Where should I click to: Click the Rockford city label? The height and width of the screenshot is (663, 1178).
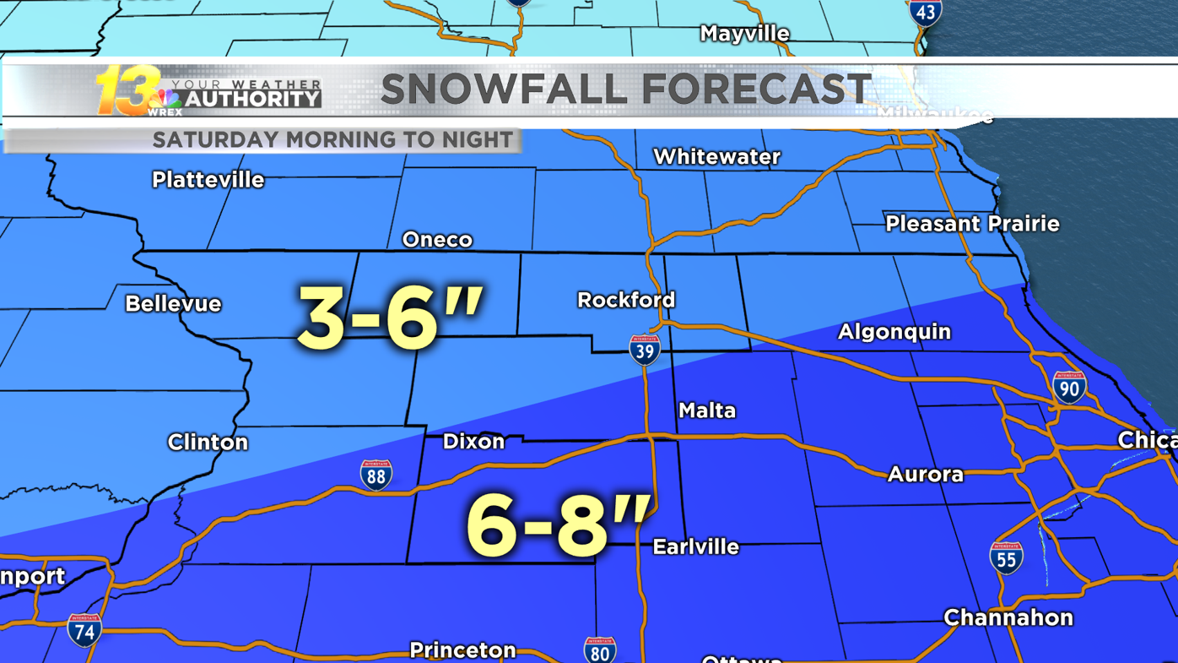pos(625,300)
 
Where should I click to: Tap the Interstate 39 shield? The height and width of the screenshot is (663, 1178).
pos(644,350)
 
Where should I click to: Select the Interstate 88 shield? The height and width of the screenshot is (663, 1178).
pos(376,476)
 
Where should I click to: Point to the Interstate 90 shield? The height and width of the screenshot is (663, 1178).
pos(1068,387)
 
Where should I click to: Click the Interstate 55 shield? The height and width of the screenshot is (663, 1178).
pos(1006,557)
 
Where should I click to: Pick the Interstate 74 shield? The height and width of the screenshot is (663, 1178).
pos(84,630)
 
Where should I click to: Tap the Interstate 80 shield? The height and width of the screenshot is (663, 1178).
pos(599,651)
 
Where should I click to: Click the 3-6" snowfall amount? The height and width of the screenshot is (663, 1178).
pos(390,318)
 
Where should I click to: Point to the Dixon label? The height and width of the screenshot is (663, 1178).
pos(473,442)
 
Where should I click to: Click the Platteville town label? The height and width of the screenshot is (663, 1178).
pos(208,180)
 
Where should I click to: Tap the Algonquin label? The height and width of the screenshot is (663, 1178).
pos(894,332)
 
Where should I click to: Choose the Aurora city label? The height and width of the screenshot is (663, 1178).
pos(925,475)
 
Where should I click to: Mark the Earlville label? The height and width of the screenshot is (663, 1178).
pos(695,547)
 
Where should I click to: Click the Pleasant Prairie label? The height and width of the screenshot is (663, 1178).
pos(972,224)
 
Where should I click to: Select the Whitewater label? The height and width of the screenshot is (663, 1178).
pos(716,157)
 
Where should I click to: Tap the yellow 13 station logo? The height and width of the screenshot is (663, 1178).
pos(127,90)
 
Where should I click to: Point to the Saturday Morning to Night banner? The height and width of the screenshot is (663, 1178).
pos(332,139)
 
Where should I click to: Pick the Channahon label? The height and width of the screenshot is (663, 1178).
pos(1008,618)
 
